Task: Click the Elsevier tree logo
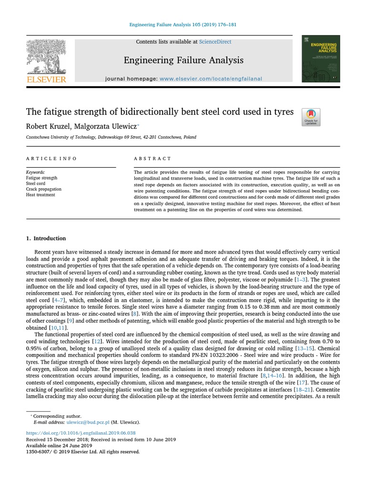tap(46, 57)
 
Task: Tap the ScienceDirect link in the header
tap(215, 42)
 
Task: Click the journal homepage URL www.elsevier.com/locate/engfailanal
tap(211, 79)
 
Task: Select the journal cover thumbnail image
tap(320, 59)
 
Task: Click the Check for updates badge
tap(311, 117)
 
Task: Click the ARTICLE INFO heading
tap(51, 159)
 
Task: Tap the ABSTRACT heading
tap(152, 159)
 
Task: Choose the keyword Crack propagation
tap(43, 189)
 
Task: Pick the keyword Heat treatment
tap(41, 195)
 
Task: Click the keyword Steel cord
tap(36, 183)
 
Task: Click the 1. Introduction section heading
tap(46, 238)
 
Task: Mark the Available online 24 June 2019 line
tap(59, 446)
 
